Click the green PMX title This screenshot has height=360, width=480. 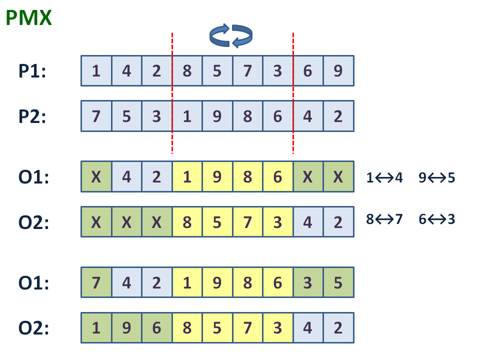[29, 18]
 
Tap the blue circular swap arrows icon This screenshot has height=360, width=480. [231, 35]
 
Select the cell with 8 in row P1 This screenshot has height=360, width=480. [187, 70]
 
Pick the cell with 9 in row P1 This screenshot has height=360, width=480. [338, 70]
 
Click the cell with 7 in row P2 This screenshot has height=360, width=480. [96, 116]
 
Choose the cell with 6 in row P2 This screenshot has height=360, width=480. [277, 116]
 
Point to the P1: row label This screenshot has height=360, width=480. [32, 71]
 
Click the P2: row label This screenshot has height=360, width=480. [32, 116]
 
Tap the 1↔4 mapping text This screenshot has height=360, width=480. [384, 177]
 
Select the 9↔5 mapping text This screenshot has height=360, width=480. [437, 177]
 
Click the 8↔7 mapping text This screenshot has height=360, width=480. [384, 219]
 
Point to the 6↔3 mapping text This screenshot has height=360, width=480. [437, 219]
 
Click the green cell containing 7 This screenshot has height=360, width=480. [96, 282]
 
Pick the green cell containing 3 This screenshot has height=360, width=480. [308, 282]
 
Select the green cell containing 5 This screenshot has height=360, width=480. [338, 282]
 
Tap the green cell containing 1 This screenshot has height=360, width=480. [96, 327]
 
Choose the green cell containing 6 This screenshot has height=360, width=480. [156, 327]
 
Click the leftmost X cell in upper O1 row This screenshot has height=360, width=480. [96, 176]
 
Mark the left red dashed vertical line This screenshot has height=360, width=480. [172, 93]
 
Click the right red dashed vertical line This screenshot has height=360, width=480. [293, 93]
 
